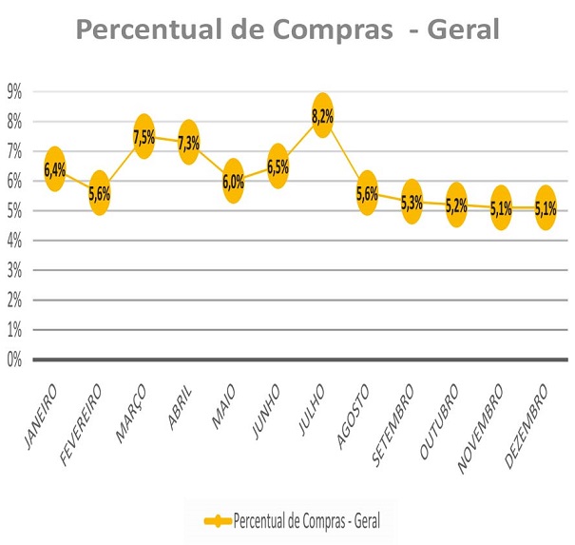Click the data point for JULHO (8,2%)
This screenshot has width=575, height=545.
point(322,115)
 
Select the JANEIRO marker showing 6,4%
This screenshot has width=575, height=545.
point(54,169)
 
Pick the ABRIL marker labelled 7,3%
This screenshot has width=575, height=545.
point(188,143)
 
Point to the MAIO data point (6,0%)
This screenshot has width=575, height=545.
point(233,182)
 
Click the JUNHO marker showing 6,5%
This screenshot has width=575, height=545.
point(278,166)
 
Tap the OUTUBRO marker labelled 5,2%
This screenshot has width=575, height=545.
point(456,204)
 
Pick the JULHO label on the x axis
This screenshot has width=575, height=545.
point(310,406)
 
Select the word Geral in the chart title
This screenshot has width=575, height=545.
point(464,30)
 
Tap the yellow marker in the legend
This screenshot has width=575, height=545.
point(218,521)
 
